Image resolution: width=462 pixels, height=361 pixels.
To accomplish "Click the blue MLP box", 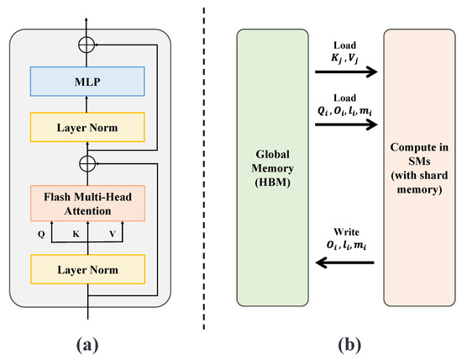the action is (x=87, y=82).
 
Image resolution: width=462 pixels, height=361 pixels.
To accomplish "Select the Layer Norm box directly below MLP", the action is (x=87, y=127).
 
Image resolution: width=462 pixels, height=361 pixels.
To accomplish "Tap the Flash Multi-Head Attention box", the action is (x=87, y=204).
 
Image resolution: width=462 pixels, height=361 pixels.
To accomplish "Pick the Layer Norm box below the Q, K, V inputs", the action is (x=87, y=269).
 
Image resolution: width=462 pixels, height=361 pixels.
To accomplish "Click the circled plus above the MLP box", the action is (x=87, y=45).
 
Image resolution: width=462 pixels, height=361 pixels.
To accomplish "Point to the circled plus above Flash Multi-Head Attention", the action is (x=87, y=163).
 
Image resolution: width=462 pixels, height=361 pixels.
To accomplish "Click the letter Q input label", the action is (x=41, y=235).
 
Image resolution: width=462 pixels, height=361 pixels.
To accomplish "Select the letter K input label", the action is (x=76, y=234).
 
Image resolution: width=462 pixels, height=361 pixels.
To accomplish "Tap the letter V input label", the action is (x=113, y=234).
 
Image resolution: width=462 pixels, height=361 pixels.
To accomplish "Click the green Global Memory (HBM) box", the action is (x=272, y=167).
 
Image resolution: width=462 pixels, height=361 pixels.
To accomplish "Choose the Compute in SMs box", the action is (x=419, y=167).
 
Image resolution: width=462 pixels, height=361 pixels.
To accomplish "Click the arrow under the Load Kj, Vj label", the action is (x=346, y=72).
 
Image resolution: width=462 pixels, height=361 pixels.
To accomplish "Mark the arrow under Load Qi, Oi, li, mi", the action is (x=346, y=125).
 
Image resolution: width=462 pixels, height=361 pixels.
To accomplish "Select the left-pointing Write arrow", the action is (x=344, y=262).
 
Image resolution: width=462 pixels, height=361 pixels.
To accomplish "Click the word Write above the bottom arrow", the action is (x=346, y=232).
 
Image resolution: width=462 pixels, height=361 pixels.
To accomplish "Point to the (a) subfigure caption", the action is (x=87, y=345).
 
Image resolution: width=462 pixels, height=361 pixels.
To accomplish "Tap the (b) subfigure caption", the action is (x=349, y=345).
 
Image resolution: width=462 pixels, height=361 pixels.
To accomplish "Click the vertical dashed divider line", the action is (x=203, y=168).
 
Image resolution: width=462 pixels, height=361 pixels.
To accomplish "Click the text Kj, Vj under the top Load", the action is (x=344, y=58).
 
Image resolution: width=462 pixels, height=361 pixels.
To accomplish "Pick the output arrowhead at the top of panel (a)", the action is (x=87, y=20).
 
